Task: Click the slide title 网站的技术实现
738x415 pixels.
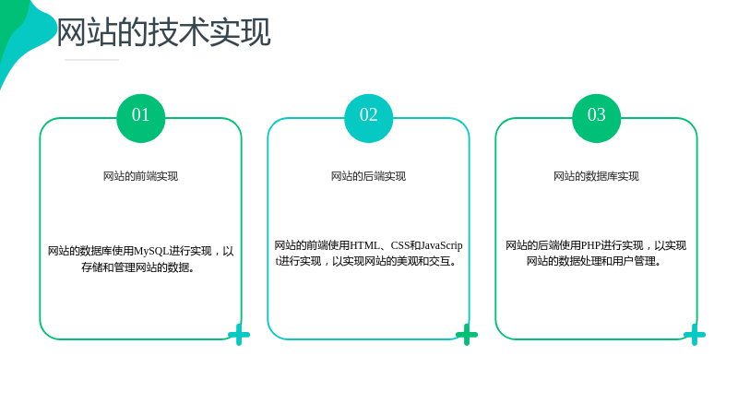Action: click(164, 32)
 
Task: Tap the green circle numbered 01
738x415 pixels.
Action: click(141, 118)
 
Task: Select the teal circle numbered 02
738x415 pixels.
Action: click(368, 118)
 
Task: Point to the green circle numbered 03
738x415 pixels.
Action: click(596, 118)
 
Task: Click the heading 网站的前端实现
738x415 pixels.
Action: click(141, 176)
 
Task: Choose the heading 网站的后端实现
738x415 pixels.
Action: click(368, 176)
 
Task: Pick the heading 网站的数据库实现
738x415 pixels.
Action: click(596, 176)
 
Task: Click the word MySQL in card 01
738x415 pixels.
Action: click(151, 251)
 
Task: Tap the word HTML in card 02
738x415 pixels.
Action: click(364, 245)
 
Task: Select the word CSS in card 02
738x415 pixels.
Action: click(400, 245)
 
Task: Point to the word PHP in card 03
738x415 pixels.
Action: click(590, 245)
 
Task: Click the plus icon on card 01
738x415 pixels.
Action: click(239, 335)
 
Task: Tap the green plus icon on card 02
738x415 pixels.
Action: click(467, 335)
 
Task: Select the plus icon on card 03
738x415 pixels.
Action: click(695, 335)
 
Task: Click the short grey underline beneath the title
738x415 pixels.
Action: click(91, 60)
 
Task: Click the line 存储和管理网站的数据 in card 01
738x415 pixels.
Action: click(137, 267)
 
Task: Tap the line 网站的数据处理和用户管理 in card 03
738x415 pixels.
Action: click(593, 261)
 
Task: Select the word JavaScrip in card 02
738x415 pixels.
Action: click(442, 246)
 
